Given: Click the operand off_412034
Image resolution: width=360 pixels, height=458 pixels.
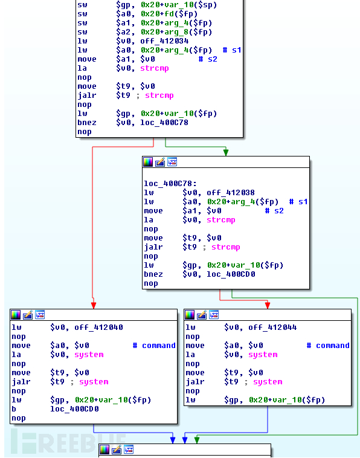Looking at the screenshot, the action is click(x=164, y=41).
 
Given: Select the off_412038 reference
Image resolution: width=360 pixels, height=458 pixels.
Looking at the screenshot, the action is click(x=231, y=193).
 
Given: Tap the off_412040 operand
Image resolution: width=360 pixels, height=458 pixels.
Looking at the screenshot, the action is click(x=98, y=327).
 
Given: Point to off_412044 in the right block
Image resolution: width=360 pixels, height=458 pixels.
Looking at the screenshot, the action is click(x=272, y=327).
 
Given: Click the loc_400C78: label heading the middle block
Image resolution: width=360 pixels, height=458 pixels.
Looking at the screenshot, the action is click(x=170, y=184).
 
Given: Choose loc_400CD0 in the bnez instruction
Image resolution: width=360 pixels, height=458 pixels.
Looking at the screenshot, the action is click(x=231, y=274).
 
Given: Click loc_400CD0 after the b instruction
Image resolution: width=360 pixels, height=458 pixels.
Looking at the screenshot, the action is click(x=74, y=408).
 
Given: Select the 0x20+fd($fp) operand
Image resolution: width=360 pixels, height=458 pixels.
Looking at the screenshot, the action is click(x=169, y=14).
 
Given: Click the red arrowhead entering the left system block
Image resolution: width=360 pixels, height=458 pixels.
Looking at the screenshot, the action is click(x=94, y=306).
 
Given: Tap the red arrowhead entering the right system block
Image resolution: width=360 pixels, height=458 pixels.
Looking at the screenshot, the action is click(x=268, y=305).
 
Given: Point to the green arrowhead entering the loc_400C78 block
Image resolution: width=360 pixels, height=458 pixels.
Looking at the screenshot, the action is click(x=226, y=152).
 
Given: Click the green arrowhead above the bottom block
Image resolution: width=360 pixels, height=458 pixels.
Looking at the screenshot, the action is click(x=197, y=440).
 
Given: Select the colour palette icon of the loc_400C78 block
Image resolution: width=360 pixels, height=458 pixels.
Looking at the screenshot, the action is click(x=148, y=162).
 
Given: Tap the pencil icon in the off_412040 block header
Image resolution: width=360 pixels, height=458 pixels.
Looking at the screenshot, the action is click(x=28, y=315).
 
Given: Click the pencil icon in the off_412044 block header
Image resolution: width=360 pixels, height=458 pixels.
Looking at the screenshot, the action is click(x=202, y=315).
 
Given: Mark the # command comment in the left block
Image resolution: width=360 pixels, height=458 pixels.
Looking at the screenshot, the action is click(x=154, y=345).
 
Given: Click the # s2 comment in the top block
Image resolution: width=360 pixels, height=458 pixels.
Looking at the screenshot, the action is click(x=208, y=59).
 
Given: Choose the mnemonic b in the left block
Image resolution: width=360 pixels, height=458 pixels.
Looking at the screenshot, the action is click(x=14, y=408).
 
